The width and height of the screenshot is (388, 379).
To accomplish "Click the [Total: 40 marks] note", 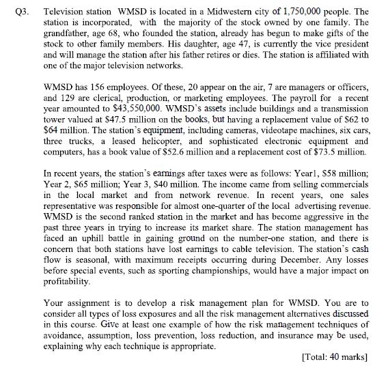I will (335, 356).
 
